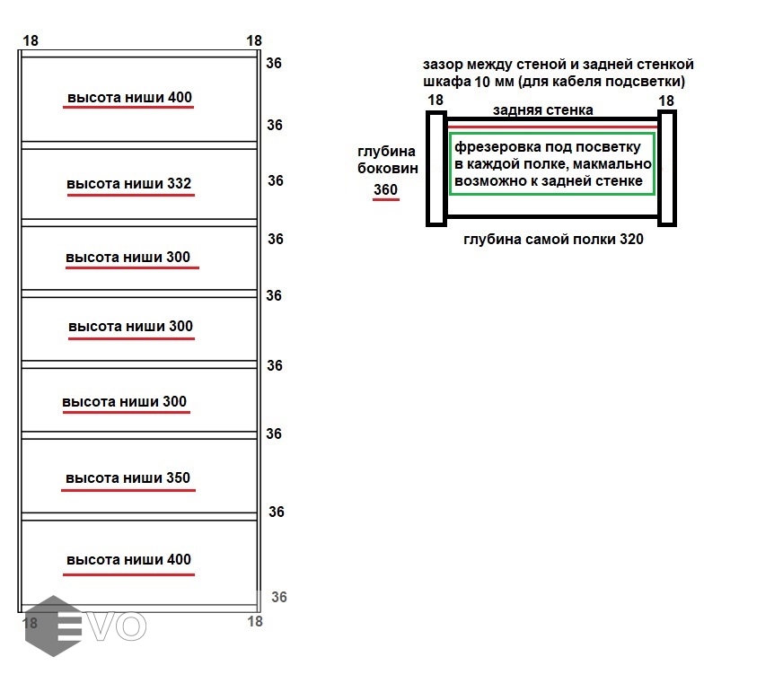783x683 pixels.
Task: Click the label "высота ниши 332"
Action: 129,184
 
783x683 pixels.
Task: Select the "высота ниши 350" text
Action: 128,477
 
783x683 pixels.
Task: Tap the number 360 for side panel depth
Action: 385,189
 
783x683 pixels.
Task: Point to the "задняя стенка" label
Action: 542,109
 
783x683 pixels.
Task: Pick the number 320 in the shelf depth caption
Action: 630,240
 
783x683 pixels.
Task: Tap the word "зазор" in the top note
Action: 444,65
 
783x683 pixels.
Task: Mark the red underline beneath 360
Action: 386,199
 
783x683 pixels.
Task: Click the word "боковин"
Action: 387,168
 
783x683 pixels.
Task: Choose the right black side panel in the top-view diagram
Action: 666,168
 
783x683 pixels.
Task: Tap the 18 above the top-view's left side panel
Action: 435,100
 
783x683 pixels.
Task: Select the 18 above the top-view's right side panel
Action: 666,101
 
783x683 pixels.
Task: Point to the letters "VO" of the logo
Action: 117,626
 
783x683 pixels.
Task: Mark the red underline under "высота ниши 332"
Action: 129,197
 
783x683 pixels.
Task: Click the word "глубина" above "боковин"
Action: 387,152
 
